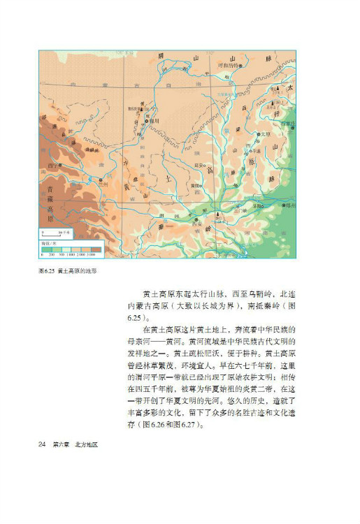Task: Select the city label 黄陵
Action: [195, 185]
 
